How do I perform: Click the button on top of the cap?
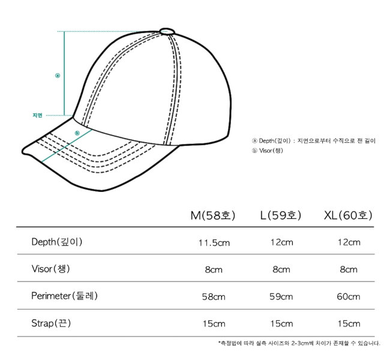pyautogui.click(x=167, y=31)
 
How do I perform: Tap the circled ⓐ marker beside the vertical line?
pyautogui.click(x=58, y=76)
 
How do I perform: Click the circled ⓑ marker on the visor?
pyautogui.click(x=77, y=133)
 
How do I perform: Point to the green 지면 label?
pyautogui.click(x=38, y=115)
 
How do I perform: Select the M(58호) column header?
pyautogui.click(x=212, y=215)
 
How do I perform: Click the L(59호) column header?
pyautogui.click(x=281, y=215)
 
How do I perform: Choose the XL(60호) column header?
pyautogui.click(x=348, y=215)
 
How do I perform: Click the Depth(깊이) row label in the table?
pyautogui.click(x=57, y=242)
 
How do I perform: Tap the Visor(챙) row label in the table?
pyautogui.click(x=51, y=269)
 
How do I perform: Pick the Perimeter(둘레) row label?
pyautogui.click(x=64, y=296)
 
